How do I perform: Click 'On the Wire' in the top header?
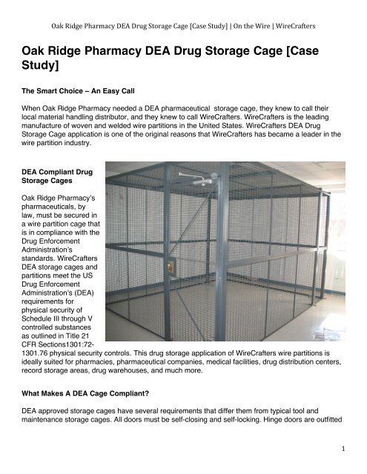point(248,8)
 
